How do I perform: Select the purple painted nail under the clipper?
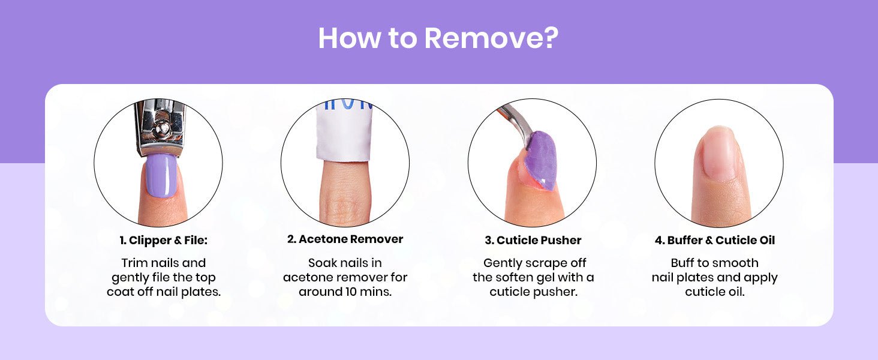point(161,175)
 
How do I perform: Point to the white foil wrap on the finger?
point(344,130)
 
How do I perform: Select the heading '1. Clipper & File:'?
point(164,241)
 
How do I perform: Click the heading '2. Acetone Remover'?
point(345,239)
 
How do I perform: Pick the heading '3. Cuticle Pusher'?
point(533,241)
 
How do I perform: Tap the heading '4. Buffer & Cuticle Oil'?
point(715,241)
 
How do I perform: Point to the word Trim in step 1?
point(134,263)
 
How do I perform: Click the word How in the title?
point(350,38)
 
